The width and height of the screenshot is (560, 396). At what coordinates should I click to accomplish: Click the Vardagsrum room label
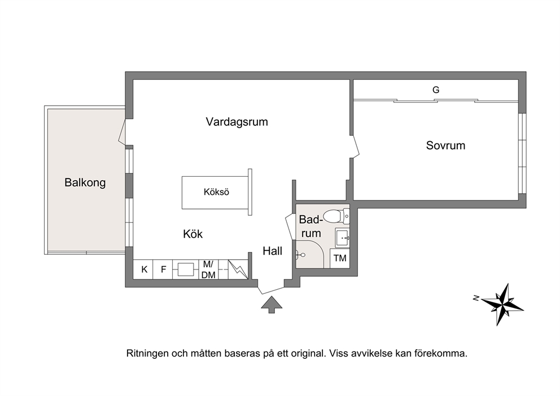pyautogui.click(x=237, y=122)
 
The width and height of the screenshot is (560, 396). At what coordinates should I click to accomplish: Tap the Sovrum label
pyautogui.click(x=446, y=145)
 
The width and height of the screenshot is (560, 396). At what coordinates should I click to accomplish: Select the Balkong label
pyautogui.click(x=85, y=182)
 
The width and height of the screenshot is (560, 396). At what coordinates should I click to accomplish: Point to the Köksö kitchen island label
pyautogui.click(x=216, y=192)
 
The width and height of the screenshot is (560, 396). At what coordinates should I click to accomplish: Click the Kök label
pyautogui.click(x=193, y=234)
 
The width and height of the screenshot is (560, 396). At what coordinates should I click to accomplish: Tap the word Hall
pyautogui.click(x=273, y=251)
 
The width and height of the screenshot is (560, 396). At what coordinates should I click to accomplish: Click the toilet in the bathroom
pyautogui.click(x=336, y=216)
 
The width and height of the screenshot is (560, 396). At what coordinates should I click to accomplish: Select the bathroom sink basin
pyautogui.click(x=342, y=238)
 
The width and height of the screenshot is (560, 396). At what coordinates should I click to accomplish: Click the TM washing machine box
pyautogui.click(x=340, y=258)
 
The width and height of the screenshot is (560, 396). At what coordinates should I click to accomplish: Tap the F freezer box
pyautogui.click(x=163, y=269)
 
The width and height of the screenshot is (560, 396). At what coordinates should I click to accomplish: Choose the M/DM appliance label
pyautogui.click(x=208, y=269)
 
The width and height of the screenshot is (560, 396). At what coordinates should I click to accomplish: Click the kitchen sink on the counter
pyautogui.click(x=186, y=269)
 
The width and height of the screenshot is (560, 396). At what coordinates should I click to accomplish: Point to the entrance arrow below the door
pyautogui.click(x=272, y=305)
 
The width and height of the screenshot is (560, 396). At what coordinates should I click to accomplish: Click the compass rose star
pyautogui.click(x=502, y=304)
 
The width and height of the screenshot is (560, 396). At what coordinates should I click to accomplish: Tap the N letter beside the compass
pyautogui.click(x=476, y=298)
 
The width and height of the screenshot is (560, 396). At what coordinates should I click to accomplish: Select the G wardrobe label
pyautogui.click(x=436, y=90)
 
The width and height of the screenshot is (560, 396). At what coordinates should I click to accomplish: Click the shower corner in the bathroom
pyautogui.click(x=309, y=254)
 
